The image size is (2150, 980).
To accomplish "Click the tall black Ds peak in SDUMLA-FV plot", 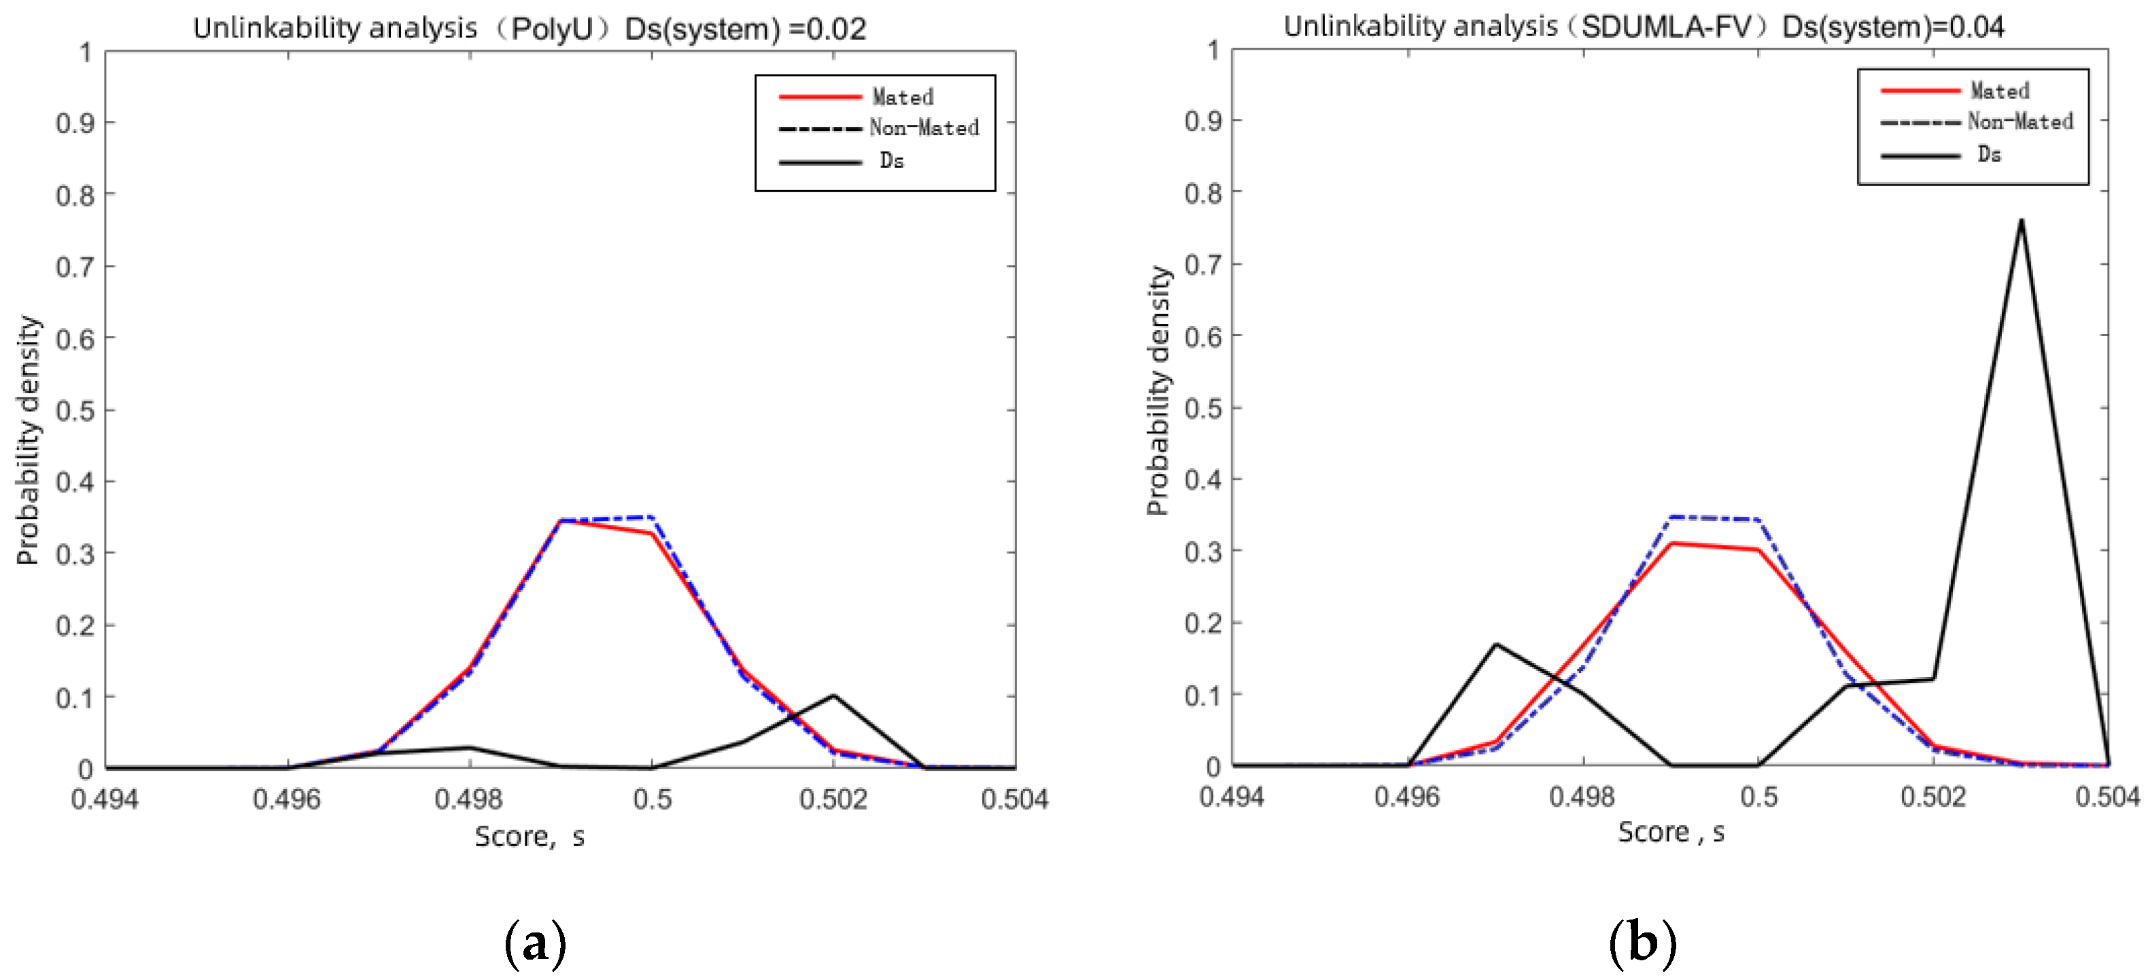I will click(2021, 221).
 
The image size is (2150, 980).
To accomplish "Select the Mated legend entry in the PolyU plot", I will click(902, 96).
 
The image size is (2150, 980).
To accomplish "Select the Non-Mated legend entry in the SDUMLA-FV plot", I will click(2019, 122).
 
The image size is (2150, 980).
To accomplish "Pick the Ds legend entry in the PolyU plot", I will click(891, 161).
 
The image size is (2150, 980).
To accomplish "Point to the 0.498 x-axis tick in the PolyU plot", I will click(468, 799).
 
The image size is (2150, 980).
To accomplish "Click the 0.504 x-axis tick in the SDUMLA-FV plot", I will click(2106, 797).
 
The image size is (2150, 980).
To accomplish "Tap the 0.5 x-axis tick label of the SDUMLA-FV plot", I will click(1758, 797).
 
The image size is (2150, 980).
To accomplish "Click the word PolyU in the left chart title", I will click(551, 29).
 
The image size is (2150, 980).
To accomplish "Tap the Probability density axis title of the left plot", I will click(28, 439).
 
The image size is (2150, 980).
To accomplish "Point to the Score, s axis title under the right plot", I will click(1670, 831).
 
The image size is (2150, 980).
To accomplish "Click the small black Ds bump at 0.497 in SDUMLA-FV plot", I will click(1495, 644).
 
